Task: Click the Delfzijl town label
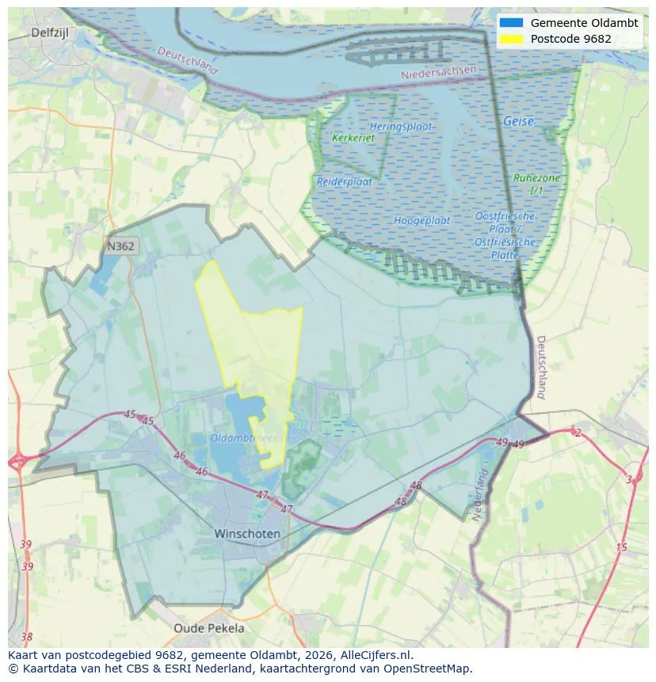pos(51,32)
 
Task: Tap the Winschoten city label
pos(247,534)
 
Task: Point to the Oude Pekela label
pos(209,628)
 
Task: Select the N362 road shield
pos(120,246)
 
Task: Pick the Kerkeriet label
pos(353,138)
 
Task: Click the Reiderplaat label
pos(344,181)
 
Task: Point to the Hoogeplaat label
pos(421,220)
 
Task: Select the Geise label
pos(518,122)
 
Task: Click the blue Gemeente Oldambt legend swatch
pos(511,23)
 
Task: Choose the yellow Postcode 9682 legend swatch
pos(511,39)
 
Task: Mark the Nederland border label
pos(480,495)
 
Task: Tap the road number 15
pos(621,547)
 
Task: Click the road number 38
pos(27,636)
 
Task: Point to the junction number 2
pos(578,432)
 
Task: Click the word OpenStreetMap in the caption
pos(432,669)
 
